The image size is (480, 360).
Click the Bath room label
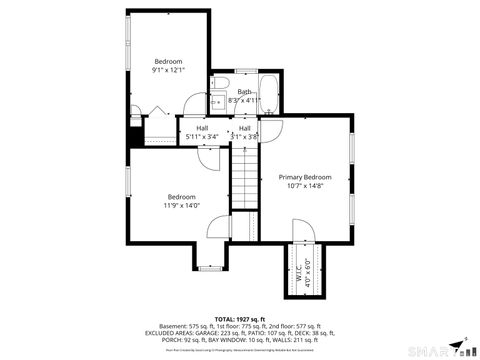pyautogui.click(x=245, y=92)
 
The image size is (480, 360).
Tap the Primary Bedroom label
pyautogui.click(x=305, y=176)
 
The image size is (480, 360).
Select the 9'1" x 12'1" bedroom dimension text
pyautogui.click(x=168, y=71)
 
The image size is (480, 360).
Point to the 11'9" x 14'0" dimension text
pyautogui.click(x=182, y=205)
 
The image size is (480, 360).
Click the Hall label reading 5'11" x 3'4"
pyautogui.click(x=202, y=136)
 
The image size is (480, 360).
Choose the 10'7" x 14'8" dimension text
pyautogui.click(x=305, y=186)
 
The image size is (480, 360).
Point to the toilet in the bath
pyautogui.click(x=221, y=84)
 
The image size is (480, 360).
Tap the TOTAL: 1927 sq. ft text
pyautogui.click(x=240, y=318)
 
